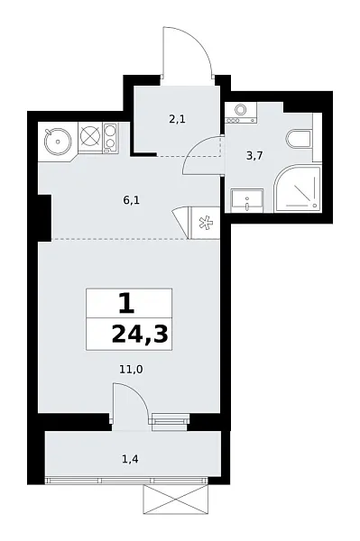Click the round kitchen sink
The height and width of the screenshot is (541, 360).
tap(56, 140)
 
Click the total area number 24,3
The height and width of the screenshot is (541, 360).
tap(140, 336)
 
